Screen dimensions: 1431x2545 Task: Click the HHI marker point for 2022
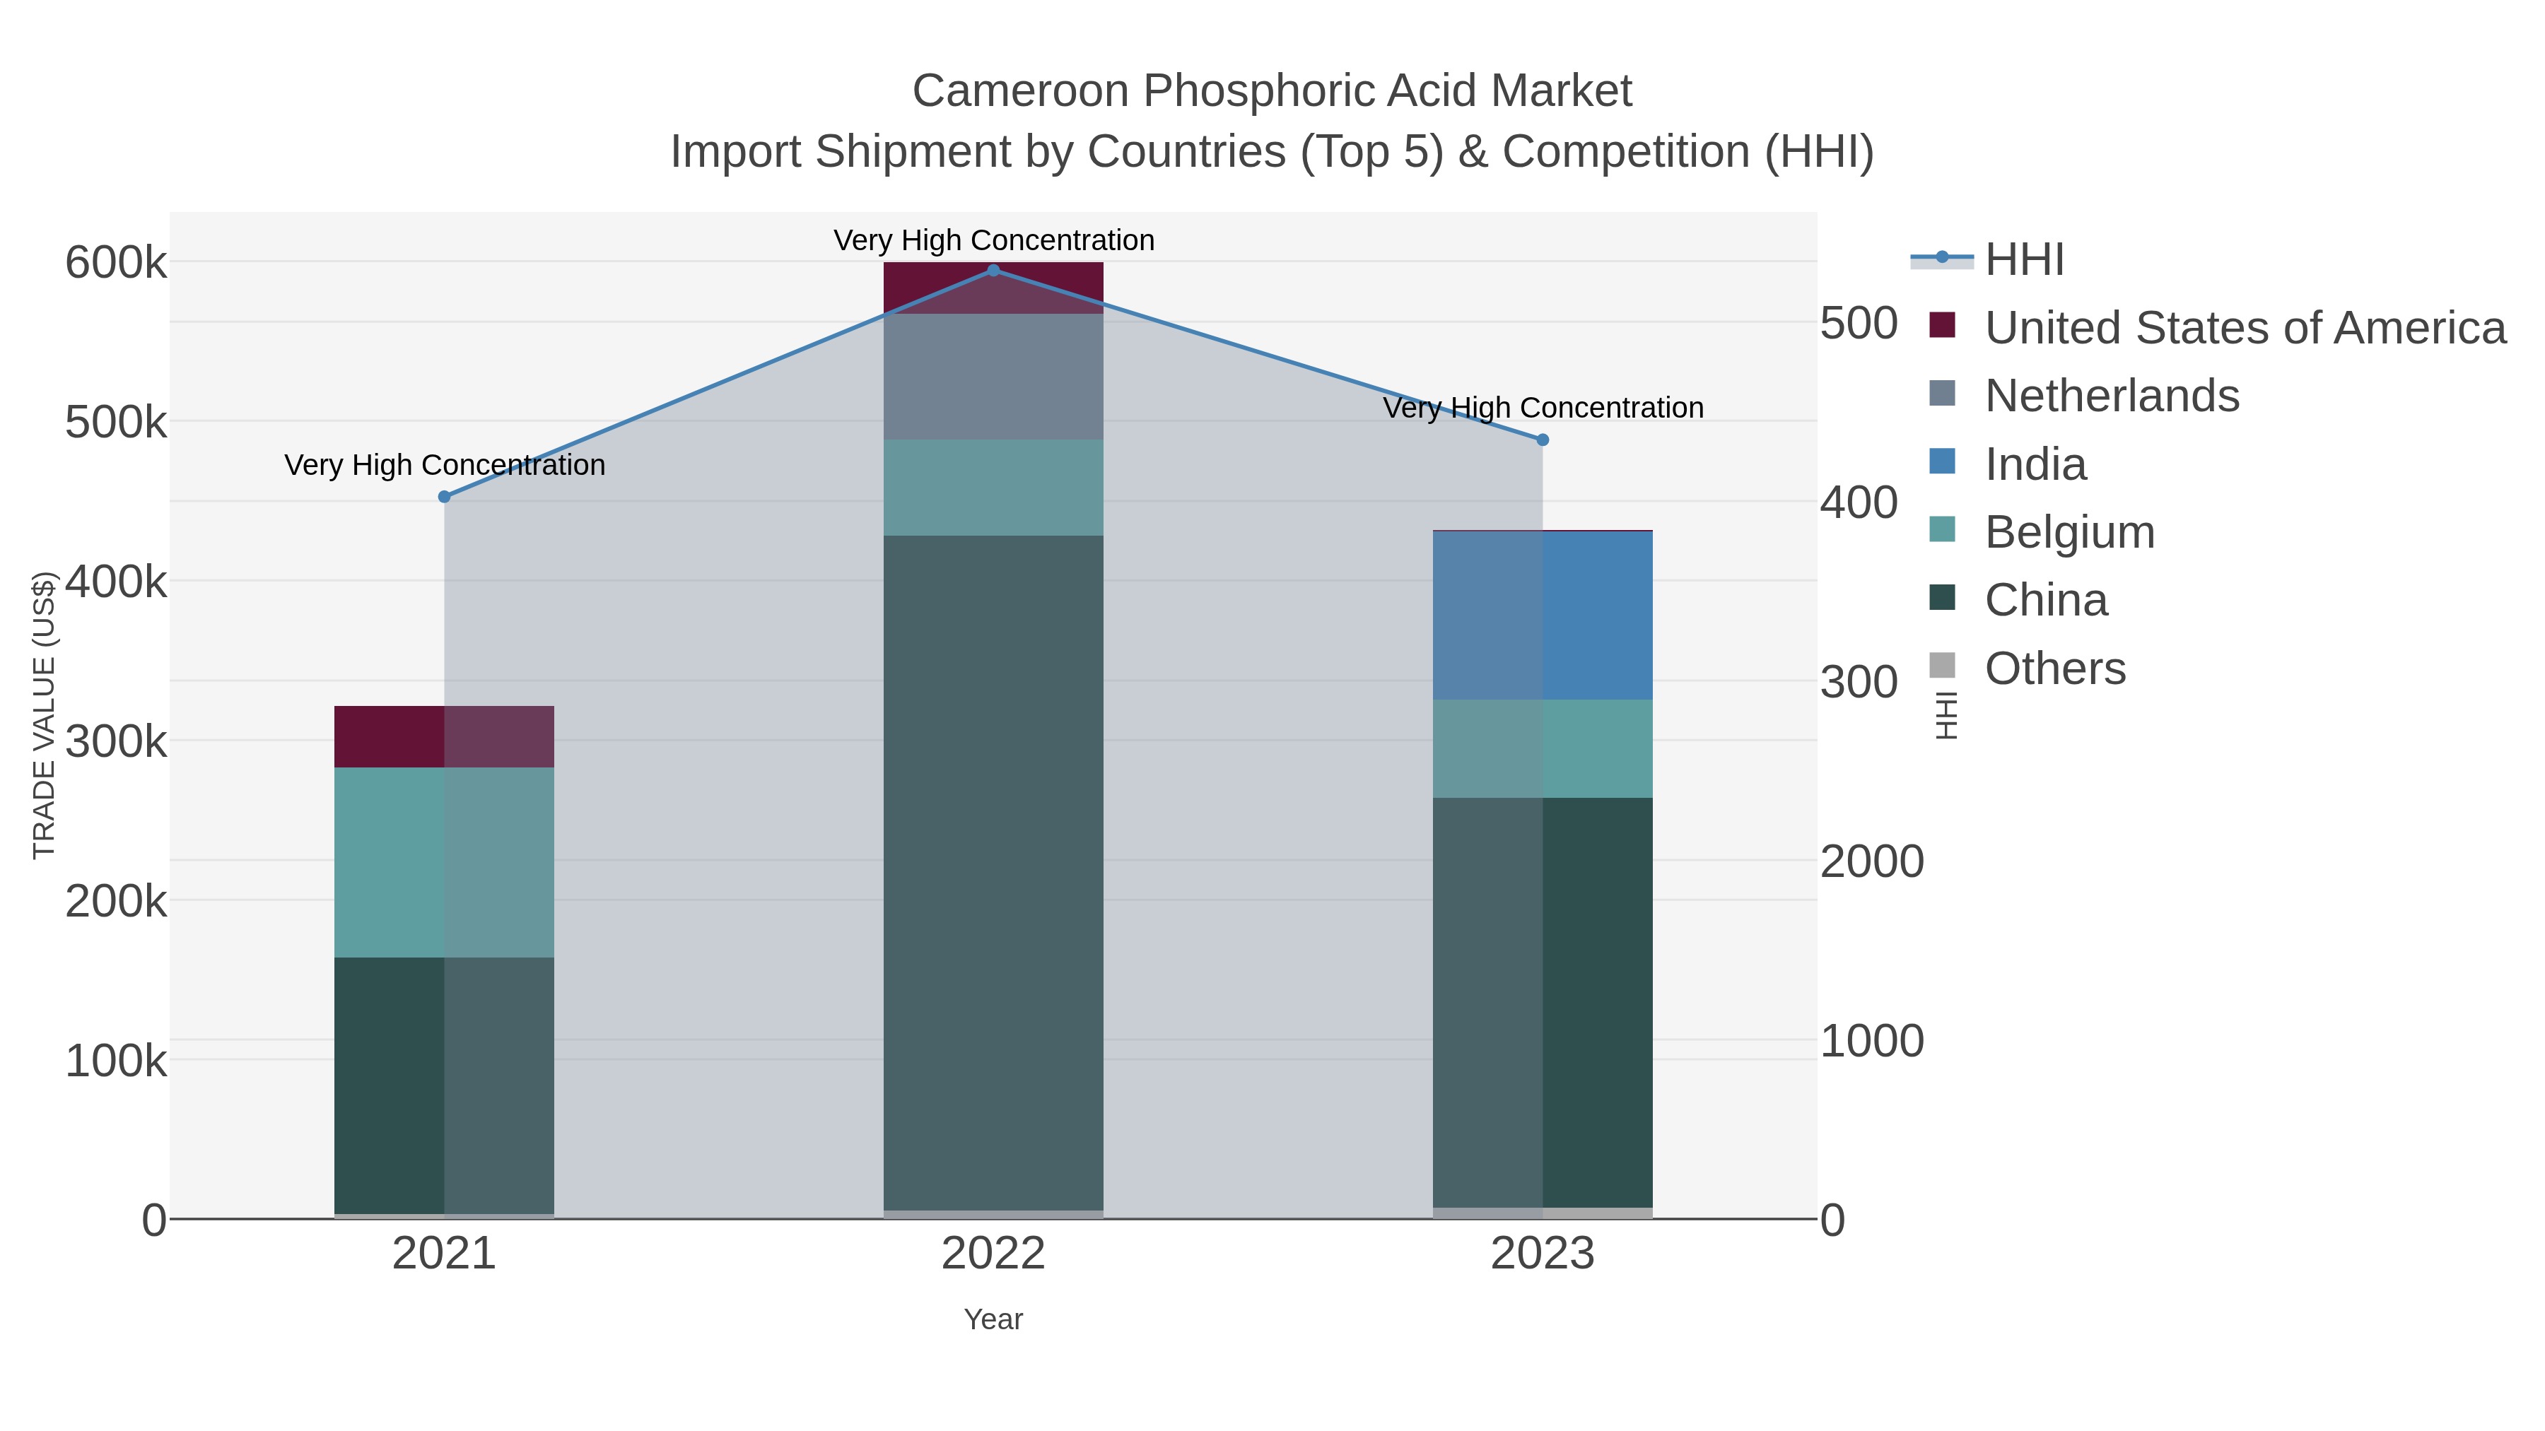[x=993, y=271]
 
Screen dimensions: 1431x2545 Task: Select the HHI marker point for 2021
[x=443, y=497]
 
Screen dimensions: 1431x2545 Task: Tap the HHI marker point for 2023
[x=1543, y=440]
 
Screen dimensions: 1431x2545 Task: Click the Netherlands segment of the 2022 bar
[x=993, y=376]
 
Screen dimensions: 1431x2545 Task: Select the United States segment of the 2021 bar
[x=443, y=737]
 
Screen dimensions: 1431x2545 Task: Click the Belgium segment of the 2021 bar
[x=443, y=862]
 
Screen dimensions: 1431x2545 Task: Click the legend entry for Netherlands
[x=2111, y=396]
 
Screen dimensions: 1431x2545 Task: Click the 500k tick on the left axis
[x=116, y=423]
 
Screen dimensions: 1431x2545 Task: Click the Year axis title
[x=993, y=1319]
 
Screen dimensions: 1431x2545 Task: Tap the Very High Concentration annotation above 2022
[x=993, y=240]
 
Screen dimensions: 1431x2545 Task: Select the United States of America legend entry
[x=2245, y=328]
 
